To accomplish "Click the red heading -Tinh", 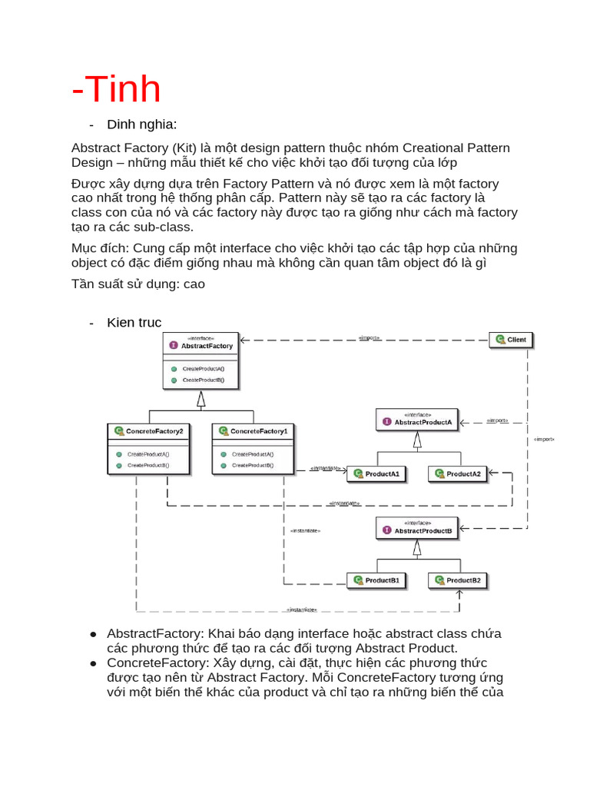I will pyautogui.click(x=116, y=89).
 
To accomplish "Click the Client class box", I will pyautogui.click(x=512, y=339).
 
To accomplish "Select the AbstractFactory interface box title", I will pyautogui.click(x=201, y=346).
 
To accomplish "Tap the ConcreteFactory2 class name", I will pyautogui.click(x=154, y=431).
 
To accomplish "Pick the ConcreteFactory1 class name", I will pyautogui.click(x=259, y=431).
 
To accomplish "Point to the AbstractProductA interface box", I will pyautogui.click(x=417, y=420).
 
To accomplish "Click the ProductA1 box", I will pyautogui.click(x=376, y=474).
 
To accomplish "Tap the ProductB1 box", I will pyautogui.click(x=376, y=580).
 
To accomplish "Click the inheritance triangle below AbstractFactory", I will pyautogui.click(x=201, y=398).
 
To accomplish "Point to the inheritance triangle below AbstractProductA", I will pyautogui.click(x=417, y=440).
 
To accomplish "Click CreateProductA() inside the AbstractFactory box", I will pyautogui.click(x=204, y=369).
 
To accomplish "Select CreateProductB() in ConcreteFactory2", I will pyautogui.click(x=148, y=465).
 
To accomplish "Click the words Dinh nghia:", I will pyautogui.click(x=142, y=125).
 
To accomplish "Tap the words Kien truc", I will pyautogui.click(x=134, y=322).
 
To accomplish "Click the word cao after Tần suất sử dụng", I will pyautogui.click(x=194, y=284).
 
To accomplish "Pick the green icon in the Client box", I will pyautogui.click(x=500, y=339).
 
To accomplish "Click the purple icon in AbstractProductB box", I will pyautogui.click(x=387, y=530).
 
